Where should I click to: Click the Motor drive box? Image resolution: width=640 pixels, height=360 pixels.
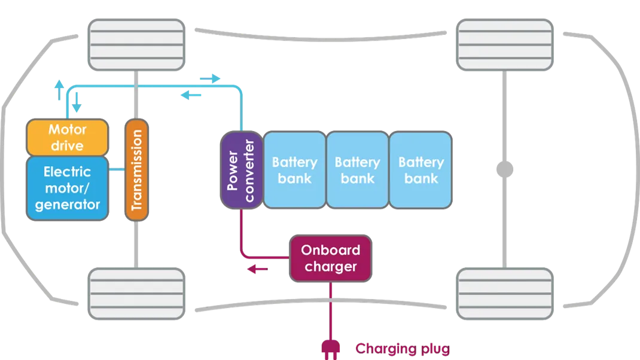point(67,138)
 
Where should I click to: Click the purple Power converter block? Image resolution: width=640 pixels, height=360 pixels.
point(241,170)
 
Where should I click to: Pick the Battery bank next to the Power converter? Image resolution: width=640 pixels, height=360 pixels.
point(294,170)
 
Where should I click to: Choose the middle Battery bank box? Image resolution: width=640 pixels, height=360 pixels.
point(357,170)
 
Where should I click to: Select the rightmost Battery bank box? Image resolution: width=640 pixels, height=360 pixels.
point(420,170)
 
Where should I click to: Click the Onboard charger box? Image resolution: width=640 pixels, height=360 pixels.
point(330,258)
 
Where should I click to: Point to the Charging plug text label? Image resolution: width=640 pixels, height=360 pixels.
point(401,348)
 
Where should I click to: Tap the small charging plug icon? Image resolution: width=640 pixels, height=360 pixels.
point(330,347)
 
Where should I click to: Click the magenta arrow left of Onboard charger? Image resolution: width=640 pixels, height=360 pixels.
point(258,270)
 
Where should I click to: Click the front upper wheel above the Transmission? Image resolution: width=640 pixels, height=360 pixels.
point(136,44)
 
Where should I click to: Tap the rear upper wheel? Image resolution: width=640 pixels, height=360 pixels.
point(505,44)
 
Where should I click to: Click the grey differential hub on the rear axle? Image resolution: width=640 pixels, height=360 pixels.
point(504,171)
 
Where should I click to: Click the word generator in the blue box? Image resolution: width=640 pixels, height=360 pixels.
point(67,205)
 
